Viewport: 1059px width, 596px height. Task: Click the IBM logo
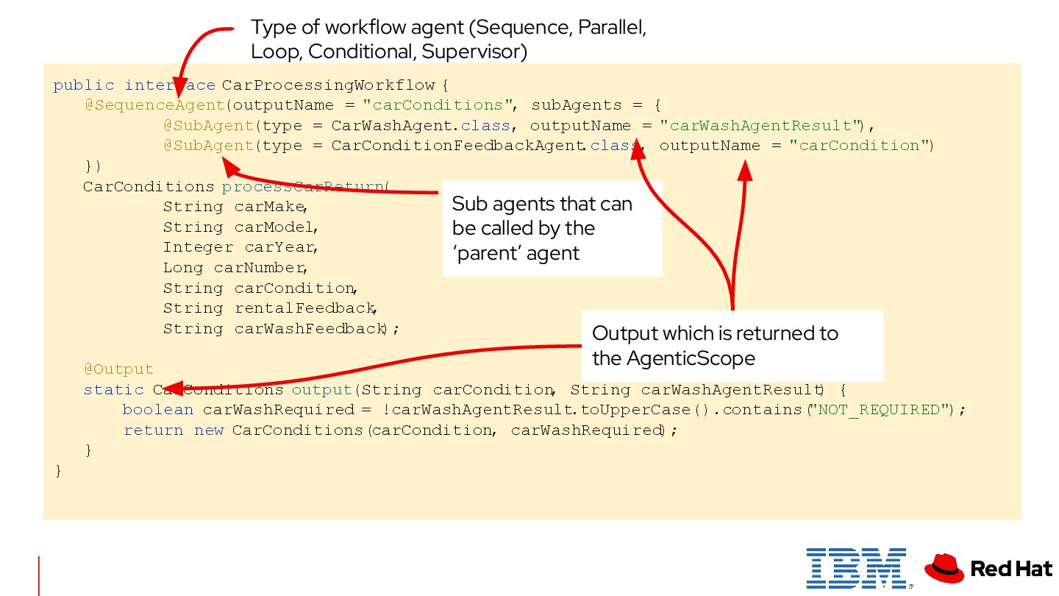point(856,567)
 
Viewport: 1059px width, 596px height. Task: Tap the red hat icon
point(944,568)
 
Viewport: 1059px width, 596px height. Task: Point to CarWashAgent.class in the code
point(420,126)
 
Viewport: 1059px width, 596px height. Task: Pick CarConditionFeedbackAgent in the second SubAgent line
point(458,146)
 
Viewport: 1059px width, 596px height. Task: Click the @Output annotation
point(118,369)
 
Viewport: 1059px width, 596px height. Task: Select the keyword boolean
point(157,410)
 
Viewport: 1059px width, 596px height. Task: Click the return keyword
point(153,430)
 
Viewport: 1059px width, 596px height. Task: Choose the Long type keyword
point(183,268)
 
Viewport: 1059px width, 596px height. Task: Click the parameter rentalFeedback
point(304,308)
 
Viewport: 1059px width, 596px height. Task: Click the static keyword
point(113,390)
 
